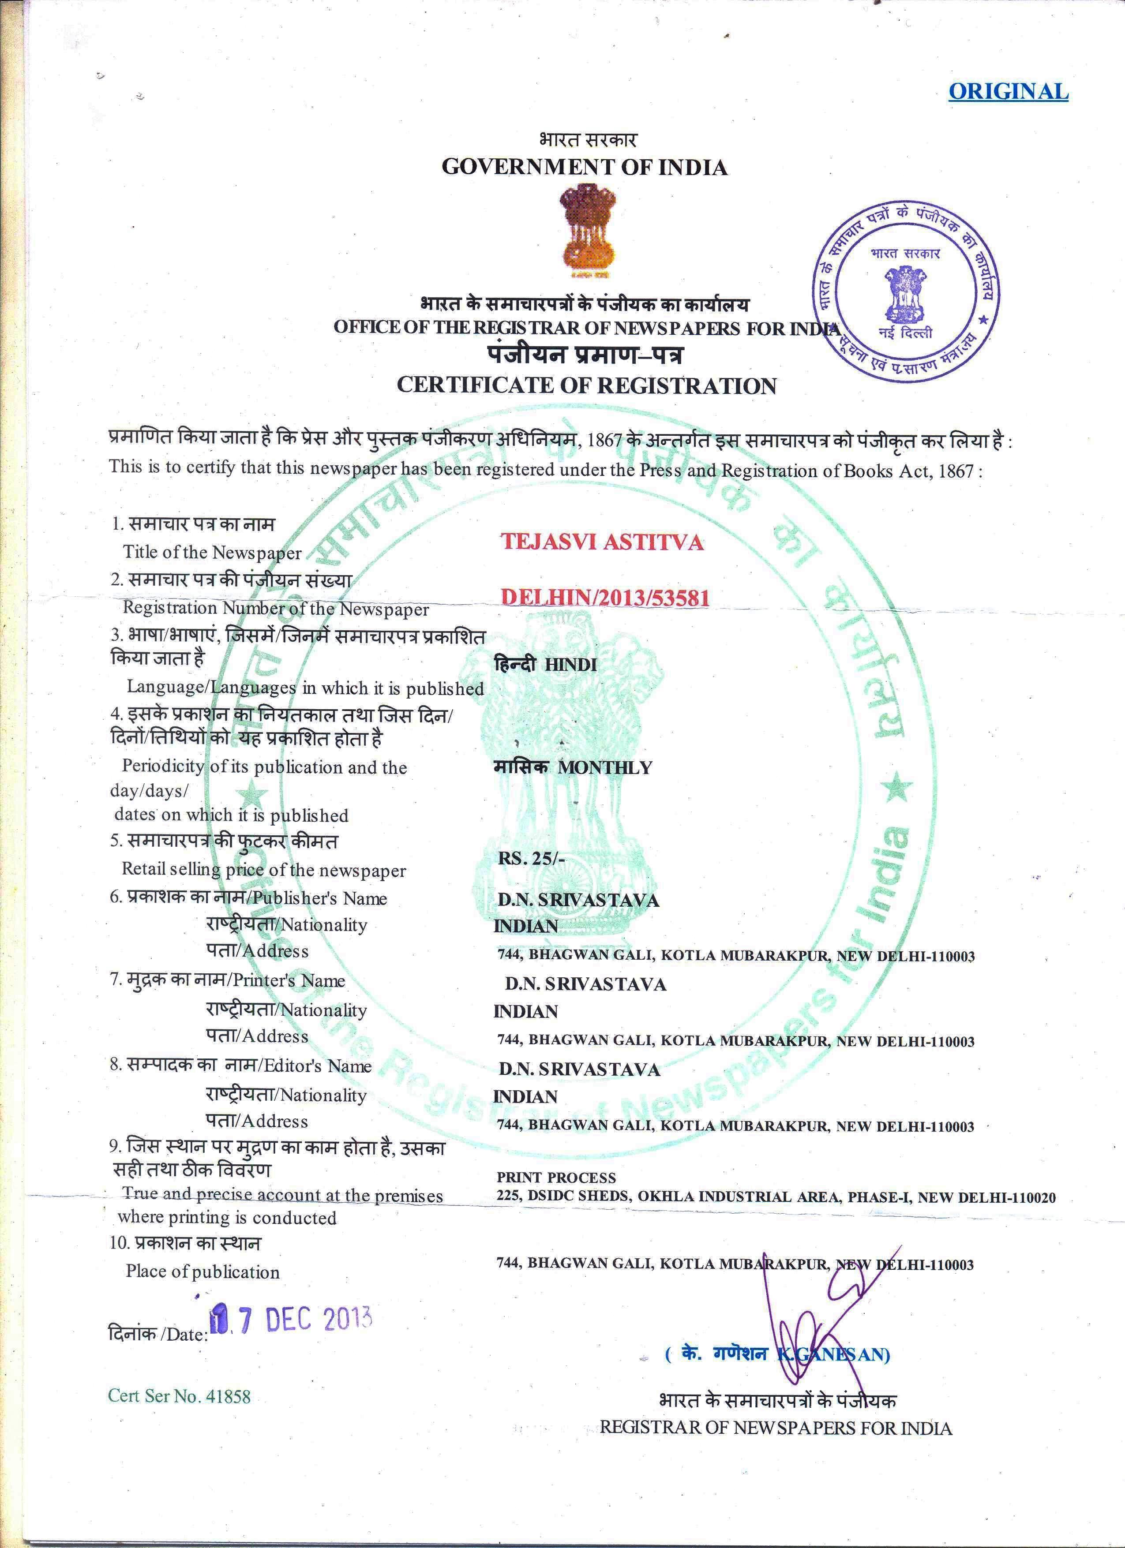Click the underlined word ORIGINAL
[1008, 91]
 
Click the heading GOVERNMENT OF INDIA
[585, 167]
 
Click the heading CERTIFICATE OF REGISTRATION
[586, 385]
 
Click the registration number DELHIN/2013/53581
[605, 598]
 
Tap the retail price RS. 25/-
[531, 859]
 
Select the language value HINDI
[571, 664]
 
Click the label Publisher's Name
[319, 898]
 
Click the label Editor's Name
[318, 1066]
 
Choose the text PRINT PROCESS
[556, 1178]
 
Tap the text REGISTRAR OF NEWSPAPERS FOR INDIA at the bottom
[776, 1428]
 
